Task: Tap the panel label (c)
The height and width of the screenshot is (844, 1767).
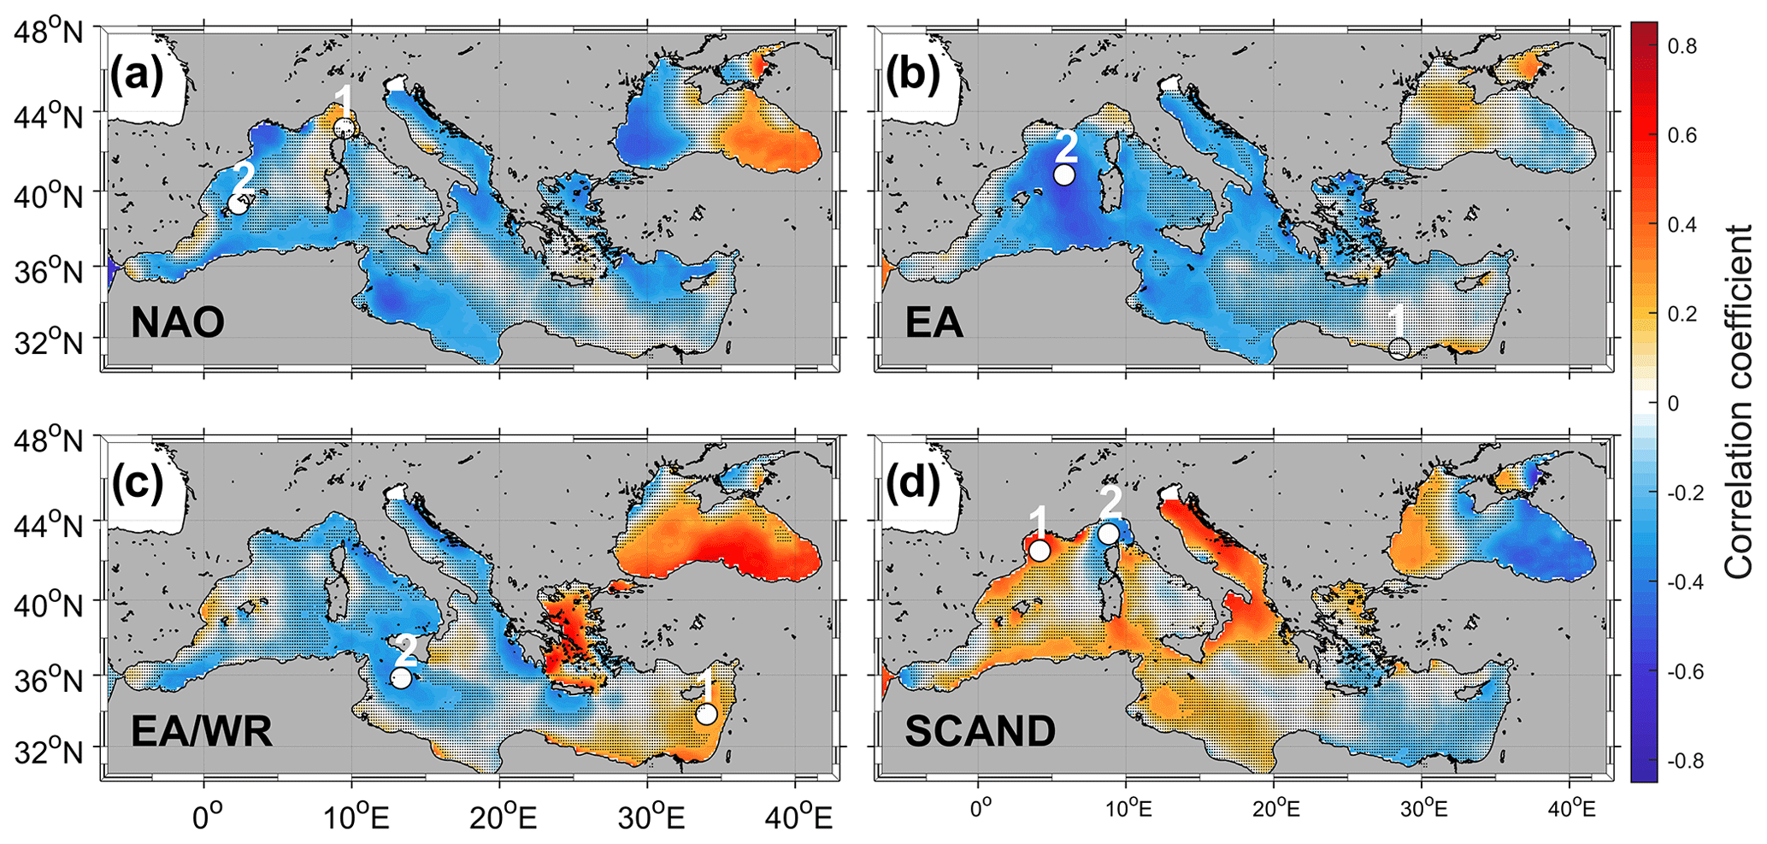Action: [137, 484]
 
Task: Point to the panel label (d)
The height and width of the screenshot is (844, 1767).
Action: [913, 484]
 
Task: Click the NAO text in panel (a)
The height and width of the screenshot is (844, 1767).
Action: [178, 323]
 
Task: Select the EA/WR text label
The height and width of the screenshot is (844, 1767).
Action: [202, 732]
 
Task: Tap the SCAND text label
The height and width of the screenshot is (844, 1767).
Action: [981, 732]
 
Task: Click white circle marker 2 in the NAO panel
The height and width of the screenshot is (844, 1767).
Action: [239, 204]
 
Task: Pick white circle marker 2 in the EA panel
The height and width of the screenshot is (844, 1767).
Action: [1063, 174]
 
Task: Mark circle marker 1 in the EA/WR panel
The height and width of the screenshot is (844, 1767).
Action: [706, 713]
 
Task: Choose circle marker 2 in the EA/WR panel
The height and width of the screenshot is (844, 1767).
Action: [401, 679]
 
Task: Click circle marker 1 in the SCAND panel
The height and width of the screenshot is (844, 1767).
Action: [1039, 551]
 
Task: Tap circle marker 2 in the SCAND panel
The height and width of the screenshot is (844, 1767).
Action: [1109, 534]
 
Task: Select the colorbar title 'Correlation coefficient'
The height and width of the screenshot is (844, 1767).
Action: [1739, 402]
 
